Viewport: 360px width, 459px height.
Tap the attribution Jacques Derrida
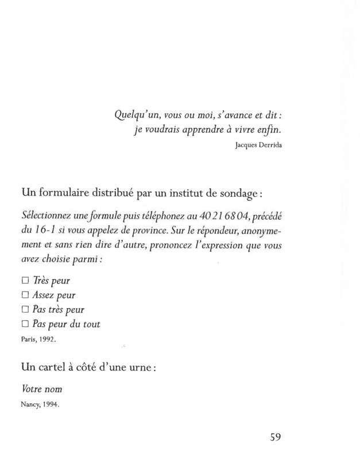point(259,145)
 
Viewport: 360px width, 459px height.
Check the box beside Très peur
point(25,281)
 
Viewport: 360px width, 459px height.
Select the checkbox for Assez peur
point(25,295)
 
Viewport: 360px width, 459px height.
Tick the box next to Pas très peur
point(25,310)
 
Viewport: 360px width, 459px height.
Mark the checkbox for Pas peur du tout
point(25,324)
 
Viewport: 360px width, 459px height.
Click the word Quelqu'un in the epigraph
point(134,114)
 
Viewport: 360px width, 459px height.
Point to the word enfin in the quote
point(270,129)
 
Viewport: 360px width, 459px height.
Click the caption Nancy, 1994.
point(40,403)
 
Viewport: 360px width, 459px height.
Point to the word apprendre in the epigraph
point(203,129)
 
